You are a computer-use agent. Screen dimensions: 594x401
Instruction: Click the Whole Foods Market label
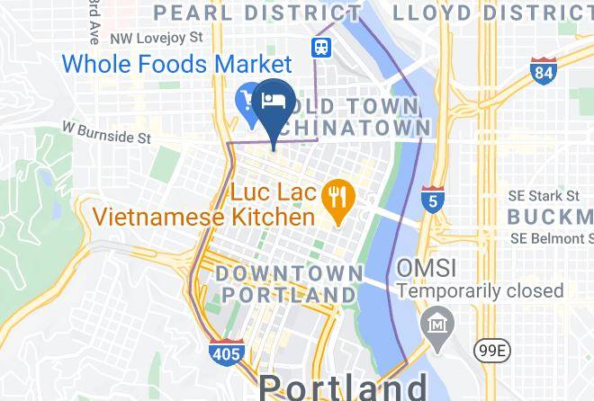coord(177,65)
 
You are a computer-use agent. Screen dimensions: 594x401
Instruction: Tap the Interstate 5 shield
coord(433,200)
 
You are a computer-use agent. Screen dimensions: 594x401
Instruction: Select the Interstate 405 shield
coord(225,352)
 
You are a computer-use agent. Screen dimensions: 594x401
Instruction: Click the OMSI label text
coord(427,269)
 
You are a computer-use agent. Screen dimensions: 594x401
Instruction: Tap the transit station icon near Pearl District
coord(320,47)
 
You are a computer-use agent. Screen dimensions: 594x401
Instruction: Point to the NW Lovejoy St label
coord(155,40)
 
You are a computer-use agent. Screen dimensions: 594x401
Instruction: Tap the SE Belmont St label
coord(551,238)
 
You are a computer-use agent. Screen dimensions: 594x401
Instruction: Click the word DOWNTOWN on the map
coord(289,272)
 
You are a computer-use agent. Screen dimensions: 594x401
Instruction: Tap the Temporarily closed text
coord(481,291)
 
